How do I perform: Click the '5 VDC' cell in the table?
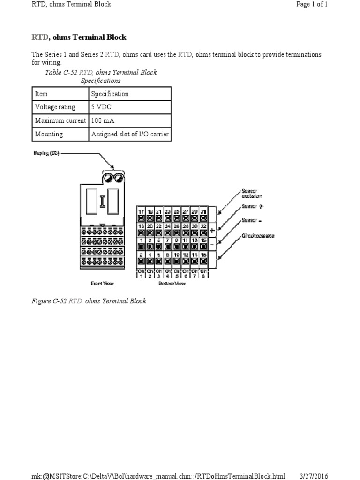102,107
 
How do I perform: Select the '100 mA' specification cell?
103,120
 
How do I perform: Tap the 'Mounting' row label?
49,134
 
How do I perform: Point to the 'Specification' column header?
110,94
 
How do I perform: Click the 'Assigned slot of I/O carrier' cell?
130,134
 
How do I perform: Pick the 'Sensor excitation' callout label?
252,194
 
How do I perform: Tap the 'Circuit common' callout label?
257,236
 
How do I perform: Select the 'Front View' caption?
102,284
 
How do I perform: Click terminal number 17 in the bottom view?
141,212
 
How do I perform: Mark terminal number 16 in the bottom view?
203,255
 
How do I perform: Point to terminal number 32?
203,226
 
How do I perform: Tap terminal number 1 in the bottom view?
141,240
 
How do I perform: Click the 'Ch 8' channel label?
203,273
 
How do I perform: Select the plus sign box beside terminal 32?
212,230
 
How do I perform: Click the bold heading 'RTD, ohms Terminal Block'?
79,37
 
